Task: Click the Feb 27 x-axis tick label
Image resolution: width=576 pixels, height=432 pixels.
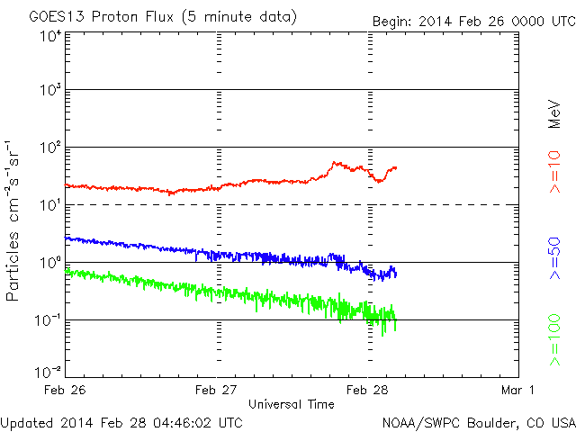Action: tap(217, 390)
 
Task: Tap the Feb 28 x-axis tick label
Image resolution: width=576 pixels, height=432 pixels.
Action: tap(368, 390)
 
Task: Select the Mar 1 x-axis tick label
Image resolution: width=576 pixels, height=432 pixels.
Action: tap(518, 390)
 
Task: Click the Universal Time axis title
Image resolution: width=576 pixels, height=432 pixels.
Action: tap(292, 404)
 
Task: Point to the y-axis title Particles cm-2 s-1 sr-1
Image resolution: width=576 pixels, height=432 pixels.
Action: tap(15, 220)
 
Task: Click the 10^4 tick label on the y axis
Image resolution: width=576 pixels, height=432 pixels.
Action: tap(50, 35)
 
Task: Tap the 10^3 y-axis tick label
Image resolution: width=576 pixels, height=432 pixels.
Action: tap(50, 91)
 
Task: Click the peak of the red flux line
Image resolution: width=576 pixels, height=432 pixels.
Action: tap(336, 163)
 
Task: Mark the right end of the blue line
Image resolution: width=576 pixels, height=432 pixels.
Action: tap(396, 274)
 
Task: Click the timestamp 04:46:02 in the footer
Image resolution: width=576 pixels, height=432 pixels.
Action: tap(184, 421)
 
